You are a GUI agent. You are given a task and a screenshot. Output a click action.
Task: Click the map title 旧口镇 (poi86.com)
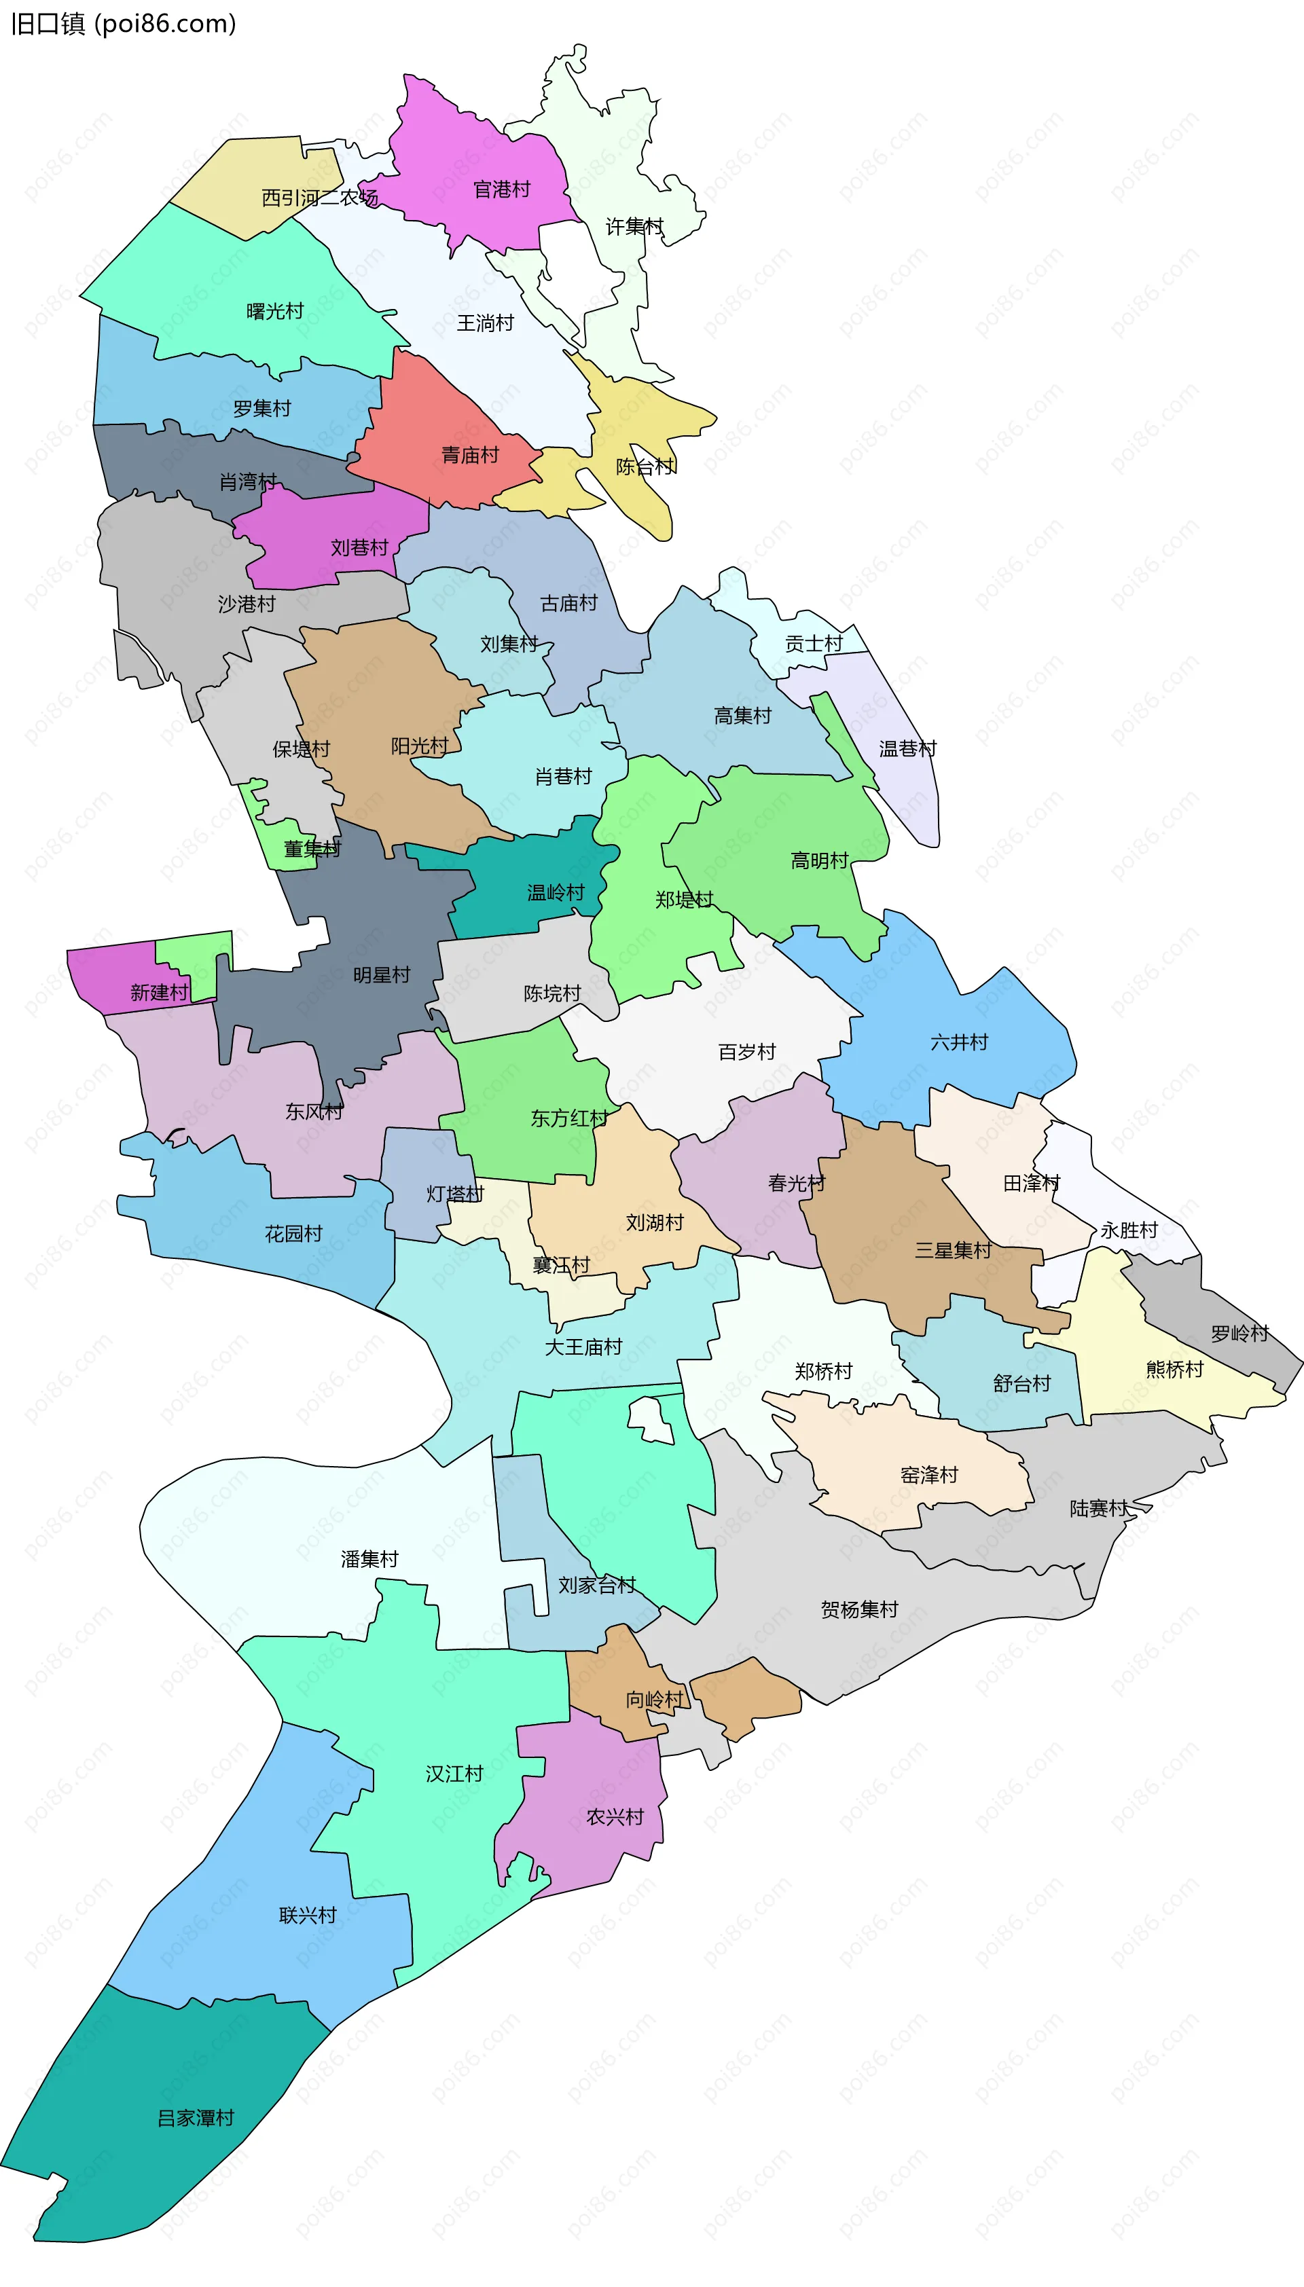pyautogui.click(x=124, y=23)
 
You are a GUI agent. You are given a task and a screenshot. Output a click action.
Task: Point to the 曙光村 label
pyautogui.click(x=275, y=311)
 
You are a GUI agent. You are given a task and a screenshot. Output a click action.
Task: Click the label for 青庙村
pyautogui.click(x=469, y=455)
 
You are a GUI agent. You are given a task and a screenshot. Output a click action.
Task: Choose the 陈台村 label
pyautogui.click(x=645, y=466)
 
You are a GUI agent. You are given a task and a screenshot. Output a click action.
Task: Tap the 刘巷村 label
pyautogui.click(x=359, y=547)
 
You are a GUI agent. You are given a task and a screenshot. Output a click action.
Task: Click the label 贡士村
pyautogui.click(x=813, y=643)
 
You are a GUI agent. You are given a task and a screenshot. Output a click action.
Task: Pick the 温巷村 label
pyautogui.click(x=907, y=748)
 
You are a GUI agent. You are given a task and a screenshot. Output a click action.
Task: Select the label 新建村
pyautogui.click(x=160, y=992)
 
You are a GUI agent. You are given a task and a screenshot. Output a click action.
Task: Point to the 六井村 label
pyautogui.click(x=959, y=1042)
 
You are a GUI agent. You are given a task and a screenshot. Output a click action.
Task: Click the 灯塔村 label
pyautogui.click(x=455, y=1194)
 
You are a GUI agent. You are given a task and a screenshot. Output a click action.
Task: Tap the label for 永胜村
pyautogui.click(x=1129, y=1230)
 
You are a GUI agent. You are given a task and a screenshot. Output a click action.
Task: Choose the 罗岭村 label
pyautogui.click(x=1239, y=1334)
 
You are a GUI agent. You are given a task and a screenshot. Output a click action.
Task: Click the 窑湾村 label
pyautogui.click(x=928, y=1475)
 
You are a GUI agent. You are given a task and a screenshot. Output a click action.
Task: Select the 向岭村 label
pyautogui.click(x=654, y=1700)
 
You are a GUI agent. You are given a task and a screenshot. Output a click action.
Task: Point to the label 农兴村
pyautogui.click(x=615, y=1817)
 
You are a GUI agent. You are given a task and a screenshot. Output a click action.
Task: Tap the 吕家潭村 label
pyautogui.click(x=195, y=2118)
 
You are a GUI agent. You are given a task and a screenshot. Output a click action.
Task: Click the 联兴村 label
pyautogui.click(x=307, y=1914)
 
